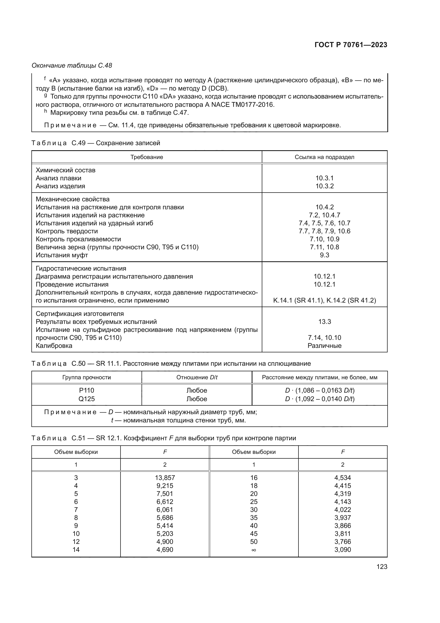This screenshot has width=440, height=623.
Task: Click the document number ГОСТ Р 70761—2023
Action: [351, 45]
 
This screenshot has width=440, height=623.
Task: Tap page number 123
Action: [382, 567]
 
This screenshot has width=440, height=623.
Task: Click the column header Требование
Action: [147, 157]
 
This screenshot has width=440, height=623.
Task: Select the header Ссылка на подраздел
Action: [324, 157]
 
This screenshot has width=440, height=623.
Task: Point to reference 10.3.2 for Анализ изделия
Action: [324, 186]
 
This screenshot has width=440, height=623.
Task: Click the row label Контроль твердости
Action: [67, 231]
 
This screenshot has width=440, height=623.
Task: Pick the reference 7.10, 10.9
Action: [324, 239]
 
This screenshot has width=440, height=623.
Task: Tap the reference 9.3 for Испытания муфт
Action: [324, 255]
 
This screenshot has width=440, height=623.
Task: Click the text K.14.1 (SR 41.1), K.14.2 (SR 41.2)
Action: [324, 300]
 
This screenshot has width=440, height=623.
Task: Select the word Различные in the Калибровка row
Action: [324, 346]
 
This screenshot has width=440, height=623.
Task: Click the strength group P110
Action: [86, 390]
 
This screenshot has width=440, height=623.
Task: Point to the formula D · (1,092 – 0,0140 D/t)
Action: [320, 399]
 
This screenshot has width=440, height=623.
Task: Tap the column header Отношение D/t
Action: [197, 377]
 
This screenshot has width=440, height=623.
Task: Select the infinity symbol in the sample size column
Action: [254, 550]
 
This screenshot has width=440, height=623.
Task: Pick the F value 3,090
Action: [342, 550]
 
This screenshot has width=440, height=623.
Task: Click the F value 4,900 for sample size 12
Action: [165, 541]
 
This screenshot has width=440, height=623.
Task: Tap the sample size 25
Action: [254, 502]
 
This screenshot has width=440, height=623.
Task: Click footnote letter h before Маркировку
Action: [45, 111]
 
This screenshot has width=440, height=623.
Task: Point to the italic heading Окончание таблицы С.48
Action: [72, 66]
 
